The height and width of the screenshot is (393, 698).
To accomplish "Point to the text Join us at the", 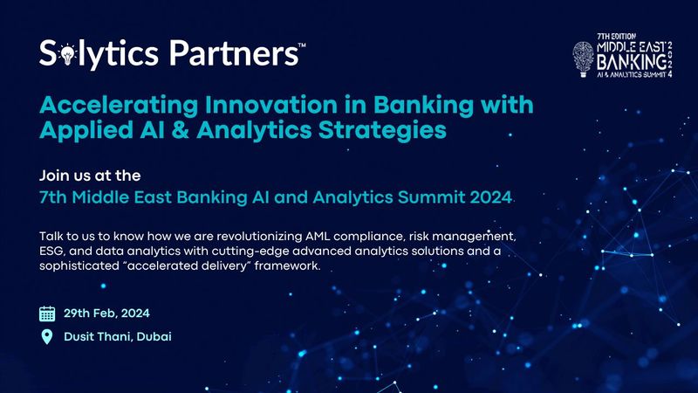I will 90,175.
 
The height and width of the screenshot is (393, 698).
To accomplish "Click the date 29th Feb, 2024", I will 112,313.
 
